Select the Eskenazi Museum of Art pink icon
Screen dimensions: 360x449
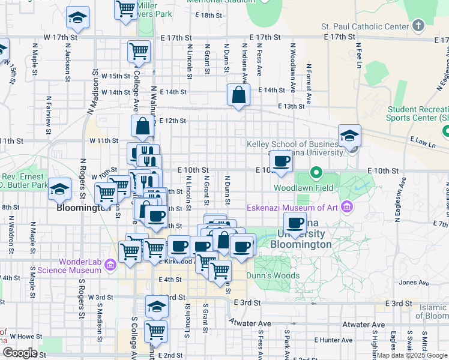click(x=345, y=208)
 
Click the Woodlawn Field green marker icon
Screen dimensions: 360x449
click(x=316, y=175)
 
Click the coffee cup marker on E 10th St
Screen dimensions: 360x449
click(x=282, y=160)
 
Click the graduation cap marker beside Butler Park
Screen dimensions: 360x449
click(x=59, y=190)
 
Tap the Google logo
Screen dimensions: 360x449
click(x=19, y=352)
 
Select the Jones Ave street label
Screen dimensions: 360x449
click(x=412, y=282)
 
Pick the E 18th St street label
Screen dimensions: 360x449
click(x=199, y=15)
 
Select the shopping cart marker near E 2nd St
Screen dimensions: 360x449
click(x=156, y=330)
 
